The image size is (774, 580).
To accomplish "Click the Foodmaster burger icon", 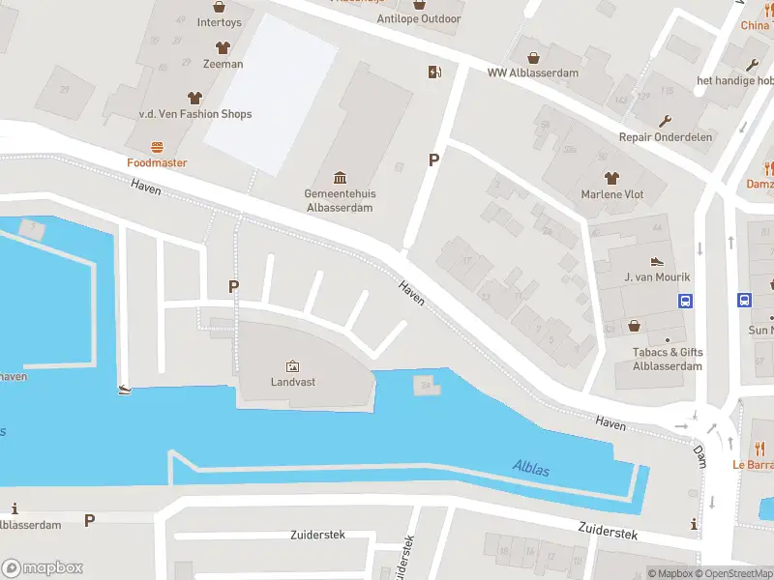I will pos(157,147).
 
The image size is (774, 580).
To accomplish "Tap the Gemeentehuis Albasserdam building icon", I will pos(341,178).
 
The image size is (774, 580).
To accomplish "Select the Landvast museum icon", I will pos(292,366).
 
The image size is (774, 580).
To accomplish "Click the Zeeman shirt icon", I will pos(223,47).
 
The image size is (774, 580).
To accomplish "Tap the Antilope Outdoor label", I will pos(419,18).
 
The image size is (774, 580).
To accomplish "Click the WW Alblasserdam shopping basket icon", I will pos(532,56).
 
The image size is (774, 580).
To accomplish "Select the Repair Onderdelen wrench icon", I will pos(665,121).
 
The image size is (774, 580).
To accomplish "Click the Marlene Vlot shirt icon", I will pos(610,178).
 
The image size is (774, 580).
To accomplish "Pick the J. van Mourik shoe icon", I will pos(657,262).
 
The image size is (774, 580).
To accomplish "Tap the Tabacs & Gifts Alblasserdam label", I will pos(668,360).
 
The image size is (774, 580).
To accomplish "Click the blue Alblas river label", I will pos(530,471).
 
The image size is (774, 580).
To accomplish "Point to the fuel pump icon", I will pos(434,72).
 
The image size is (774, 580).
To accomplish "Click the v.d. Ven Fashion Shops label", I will pos(195,114).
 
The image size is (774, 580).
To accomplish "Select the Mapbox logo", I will pos(43,568).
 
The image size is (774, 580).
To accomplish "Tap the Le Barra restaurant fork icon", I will pos(759,449).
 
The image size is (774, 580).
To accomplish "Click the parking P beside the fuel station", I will pos(434,160).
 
